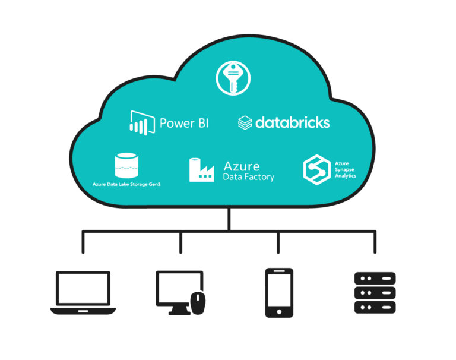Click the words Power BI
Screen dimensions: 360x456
pos(184,123)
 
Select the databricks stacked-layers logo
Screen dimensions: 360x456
pos(245,123)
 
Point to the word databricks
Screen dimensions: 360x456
pos(292,122)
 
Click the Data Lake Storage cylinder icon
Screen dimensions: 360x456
pos(126,166)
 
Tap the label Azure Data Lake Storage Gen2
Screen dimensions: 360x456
pos(126,185)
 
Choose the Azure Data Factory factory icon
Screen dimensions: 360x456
pos(201,170)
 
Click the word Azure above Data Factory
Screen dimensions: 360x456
pos(242,166)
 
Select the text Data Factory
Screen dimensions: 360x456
pos(248,177)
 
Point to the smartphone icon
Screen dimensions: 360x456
pos(278,292)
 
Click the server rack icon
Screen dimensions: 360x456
pos(375,292)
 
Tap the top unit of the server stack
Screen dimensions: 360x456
pos(375,278)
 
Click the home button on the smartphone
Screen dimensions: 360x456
pos(278,311)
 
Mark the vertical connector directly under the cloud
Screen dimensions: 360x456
pos(229,219)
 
